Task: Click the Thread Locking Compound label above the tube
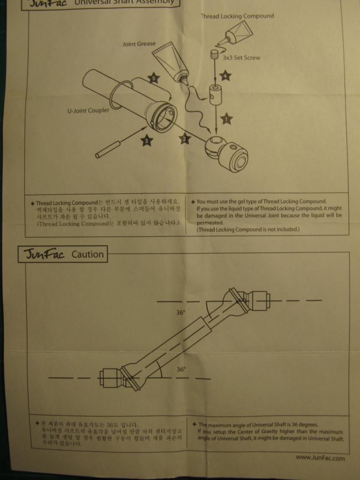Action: [237, 16]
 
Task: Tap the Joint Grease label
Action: [139, 44]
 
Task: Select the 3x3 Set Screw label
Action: [242, 58]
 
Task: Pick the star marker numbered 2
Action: [184, 138]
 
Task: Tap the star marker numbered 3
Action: [147, 140]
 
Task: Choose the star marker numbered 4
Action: [225, 75]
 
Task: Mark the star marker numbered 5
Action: [154, 78]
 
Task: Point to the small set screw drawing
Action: [215, 54]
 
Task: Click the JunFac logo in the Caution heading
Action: [43, 255]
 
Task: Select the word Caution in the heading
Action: [87, 255]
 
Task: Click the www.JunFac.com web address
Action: [320, 457]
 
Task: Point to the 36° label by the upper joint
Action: [181, 313]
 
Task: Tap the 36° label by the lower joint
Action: [181, 369]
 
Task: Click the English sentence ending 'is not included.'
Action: [247, 230]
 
